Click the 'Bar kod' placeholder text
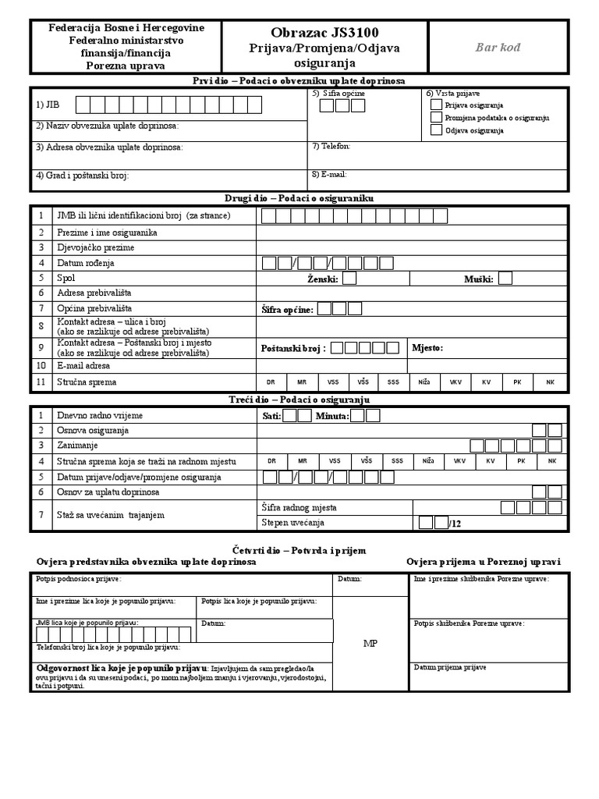[498, 48]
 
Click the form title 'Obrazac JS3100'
[324, 33]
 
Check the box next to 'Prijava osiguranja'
[436, 105]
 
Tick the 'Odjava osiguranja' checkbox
[436, 130]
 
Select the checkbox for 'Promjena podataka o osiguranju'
[436, 117]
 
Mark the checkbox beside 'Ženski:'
[349, 278]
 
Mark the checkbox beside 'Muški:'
[505, 278]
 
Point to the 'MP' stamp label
[370, 643]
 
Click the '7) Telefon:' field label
[331, 146]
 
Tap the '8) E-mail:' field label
[329, 175]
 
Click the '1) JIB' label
[47, 105]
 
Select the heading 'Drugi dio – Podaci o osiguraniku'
[299, 200]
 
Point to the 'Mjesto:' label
[427, 348]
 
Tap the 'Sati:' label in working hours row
[271, 416]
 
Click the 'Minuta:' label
[331, 416]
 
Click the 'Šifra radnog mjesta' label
[299, 508]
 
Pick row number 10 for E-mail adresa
[41, 365]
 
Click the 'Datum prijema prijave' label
[450, 668]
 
